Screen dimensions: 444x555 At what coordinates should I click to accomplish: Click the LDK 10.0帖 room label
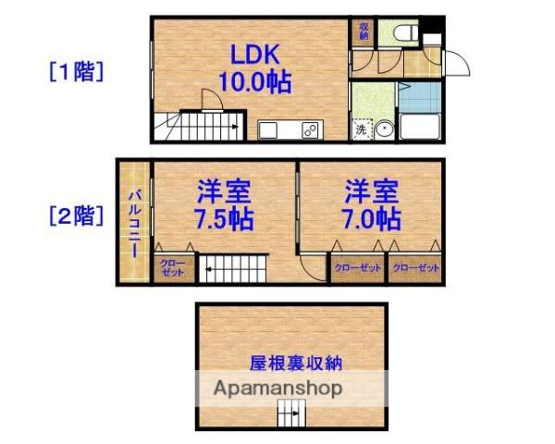point(253,67)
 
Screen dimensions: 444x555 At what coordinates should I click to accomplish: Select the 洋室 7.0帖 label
point(372,206)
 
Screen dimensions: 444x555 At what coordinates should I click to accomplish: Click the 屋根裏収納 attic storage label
point(290,361)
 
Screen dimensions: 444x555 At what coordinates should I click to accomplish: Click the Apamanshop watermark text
point(277,388)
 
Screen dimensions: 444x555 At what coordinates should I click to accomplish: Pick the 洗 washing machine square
point(362,130)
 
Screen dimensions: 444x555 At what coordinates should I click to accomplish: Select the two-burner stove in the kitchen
point(309,130)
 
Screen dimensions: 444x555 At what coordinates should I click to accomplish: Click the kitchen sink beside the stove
point(270,130)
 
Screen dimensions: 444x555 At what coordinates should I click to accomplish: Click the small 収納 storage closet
point(364,31)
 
